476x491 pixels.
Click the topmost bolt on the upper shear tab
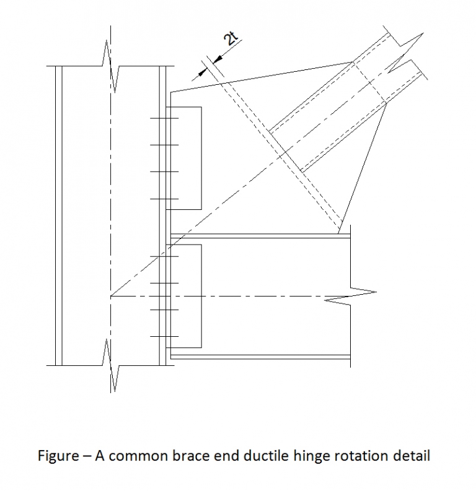(x=164, y=118)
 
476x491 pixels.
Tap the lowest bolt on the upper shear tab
(x=164, y=199)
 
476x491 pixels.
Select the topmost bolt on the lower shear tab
(x=164, y=256)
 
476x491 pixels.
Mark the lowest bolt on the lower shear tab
(x=164, y=336)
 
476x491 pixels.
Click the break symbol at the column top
(x=110, y=62)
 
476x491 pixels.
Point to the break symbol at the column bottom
(x=111, y=365)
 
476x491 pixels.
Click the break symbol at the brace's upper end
(x=403, y=50)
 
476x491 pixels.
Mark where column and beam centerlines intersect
(x=111, y=296)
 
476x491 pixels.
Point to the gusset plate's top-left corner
(x=171, y=93)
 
